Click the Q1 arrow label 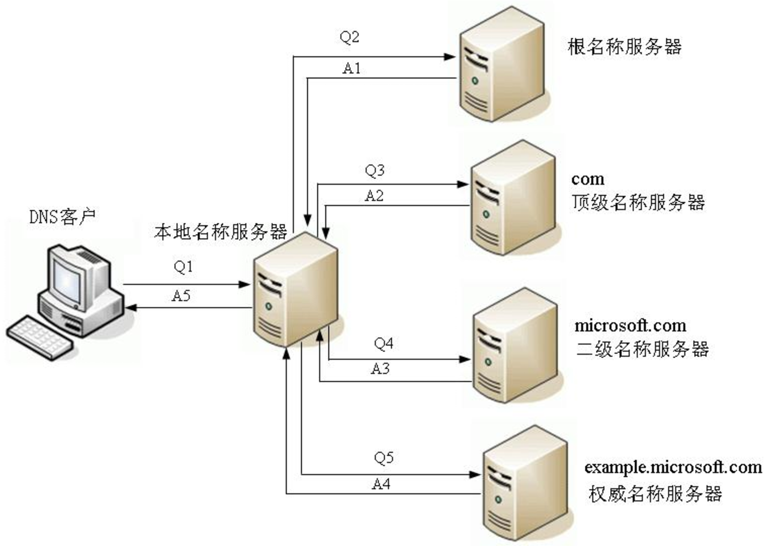click(x=183, y=267)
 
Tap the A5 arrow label click(x=181, y=296)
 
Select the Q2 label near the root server click(x=349, y=37)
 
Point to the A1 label click(x=352, y=68)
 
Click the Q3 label click(x=374, y=170)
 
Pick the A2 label click(x=374, y=196)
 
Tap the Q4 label click(x=383, y=344)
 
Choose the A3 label click(x=380, y=369)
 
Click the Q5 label click(x=384, y=457)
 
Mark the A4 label click(x=381, y=485)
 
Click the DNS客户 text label click(x=62, y=217)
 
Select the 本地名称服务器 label click(x=221, y=232)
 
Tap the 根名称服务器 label click(x=625, y=46)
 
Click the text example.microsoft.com click(x=673, y=467)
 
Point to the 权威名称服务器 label click(x=656, y=493)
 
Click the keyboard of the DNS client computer click(x=40, y=336)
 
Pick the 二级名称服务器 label click(x=642, y=349)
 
